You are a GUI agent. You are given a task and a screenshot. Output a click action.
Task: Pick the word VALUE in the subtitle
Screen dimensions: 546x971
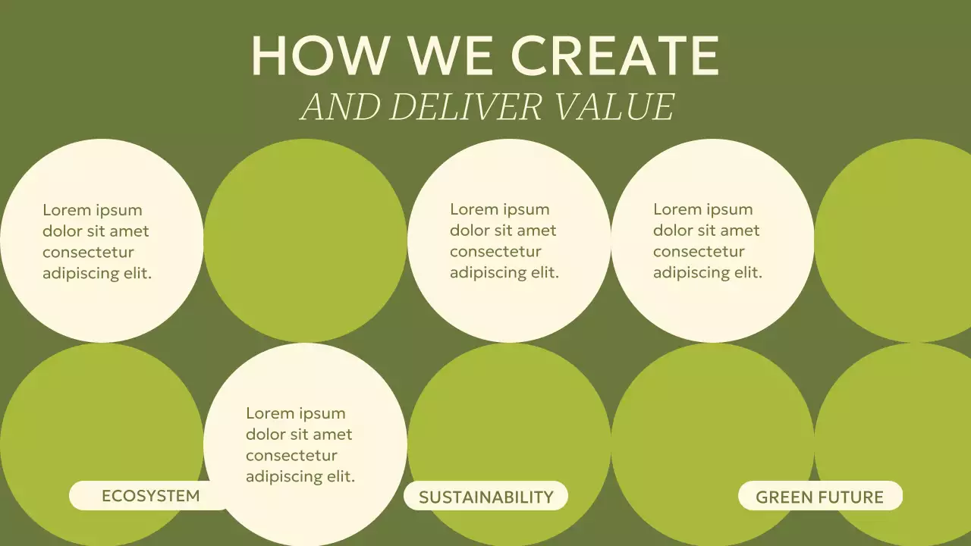pos(612,107)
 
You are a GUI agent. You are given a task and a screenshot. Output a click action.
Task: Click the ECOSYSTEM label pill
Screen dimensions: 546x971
pos(150,496)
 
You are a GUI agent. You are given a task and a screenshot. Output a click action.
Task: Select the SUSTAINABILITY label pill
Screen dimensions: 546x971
pos(485,497)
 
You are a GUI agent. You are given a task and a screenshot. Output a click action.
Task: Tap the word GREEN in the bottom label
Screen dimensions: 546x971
pos(784,497)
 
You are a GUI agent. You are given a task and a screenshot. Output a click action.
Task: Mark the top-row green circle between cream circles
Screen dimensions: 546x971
pos(305,240)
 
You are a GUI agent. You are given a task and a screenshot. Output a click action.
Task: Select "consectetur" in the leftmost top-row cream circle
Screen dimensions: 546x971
pos(88,253)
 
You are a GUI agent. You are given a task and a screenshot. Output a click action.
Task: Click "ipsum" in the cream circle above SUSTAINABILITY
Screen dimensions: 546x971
pos(526,209)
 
